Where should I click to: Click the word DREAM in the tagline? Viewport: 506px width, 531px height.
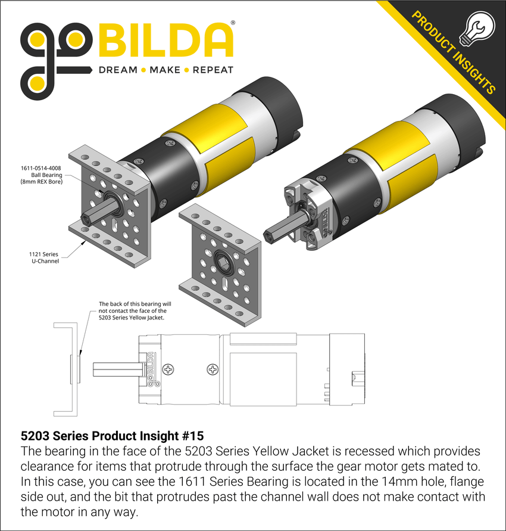117,70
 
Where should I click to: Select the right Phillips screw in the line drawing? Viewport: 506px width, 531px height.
213,369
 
